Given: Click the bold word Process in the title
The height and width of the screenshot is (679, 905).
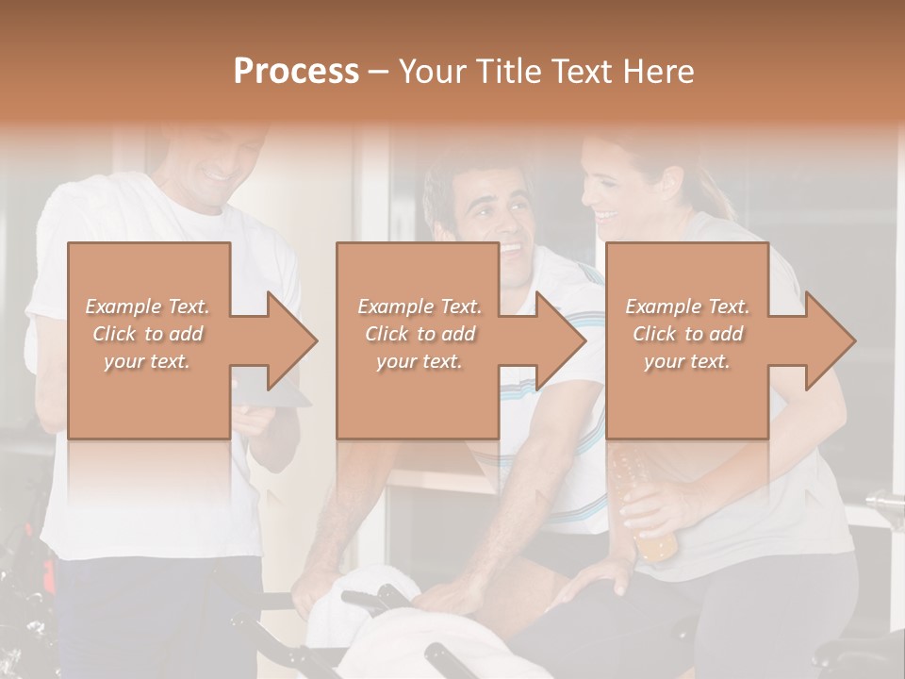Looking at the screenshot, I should [x=296, y=72].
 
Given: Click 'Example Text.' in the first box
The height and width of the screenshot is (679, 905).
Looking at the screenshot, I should [x=147, y=306].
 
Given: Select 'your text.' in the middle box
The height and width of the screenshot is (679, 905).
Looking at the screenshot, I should [x=419, y=361].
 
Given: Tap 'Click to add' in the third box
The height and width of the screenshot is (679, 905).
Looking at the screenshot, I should [x=687, y=334].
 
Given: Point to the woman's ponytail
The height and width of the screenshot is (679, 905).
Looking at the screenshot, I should [x=718, y=193].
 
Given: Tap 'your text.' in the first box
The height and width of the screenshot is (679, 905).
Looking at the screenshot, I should [x=147, y=361].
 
